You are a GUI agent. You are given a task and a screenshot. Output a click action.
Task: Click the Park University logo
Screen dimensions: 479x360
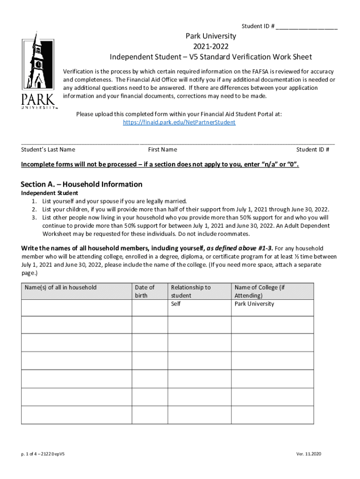38,70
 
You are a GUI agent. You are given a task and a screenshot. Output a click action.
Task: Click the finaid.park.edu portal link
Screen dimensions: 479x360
179,122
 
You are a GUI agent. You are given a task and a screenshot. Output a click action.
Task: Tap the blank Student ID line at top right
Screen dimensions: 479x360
307,26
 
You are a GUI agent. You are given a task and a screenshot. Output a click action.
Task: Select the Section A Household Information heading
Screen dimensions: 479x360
82,184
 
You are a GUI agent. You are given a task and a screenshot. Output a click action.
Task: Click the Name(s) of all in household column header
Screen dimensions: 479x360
61,287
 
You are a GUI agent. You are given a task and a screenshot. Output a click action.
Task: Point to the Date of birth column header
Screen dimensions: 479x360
144,291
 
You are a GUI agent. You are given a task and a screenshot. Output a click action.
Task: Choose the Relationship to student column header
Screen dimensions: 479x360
191,291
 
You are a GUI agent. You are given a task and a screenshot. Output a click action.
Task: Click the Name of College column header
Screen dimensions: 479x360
259,291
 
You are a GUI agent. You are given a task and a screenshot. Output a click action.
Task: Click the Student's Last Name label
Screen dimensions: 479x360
48,150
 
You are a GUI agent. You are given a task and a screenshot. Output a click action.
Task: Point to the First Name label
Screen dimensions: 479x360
162,150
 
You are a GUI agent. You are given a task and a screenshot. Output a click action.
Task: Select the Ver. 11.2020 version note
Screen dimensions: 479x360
309,454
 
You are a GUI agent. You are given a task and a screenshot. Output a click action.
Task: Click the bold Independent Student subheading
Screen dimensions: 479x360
50,193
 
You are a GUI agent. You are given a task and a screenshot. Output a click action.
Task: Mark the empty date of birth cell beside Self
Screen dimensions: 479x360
149,307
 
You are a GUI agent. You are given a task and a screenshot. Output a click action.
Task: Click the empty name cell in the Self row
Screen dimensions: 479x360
76,307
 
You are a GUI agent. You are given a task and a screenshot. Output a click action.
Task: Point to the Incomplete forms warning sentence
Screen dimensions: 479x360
160,165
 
